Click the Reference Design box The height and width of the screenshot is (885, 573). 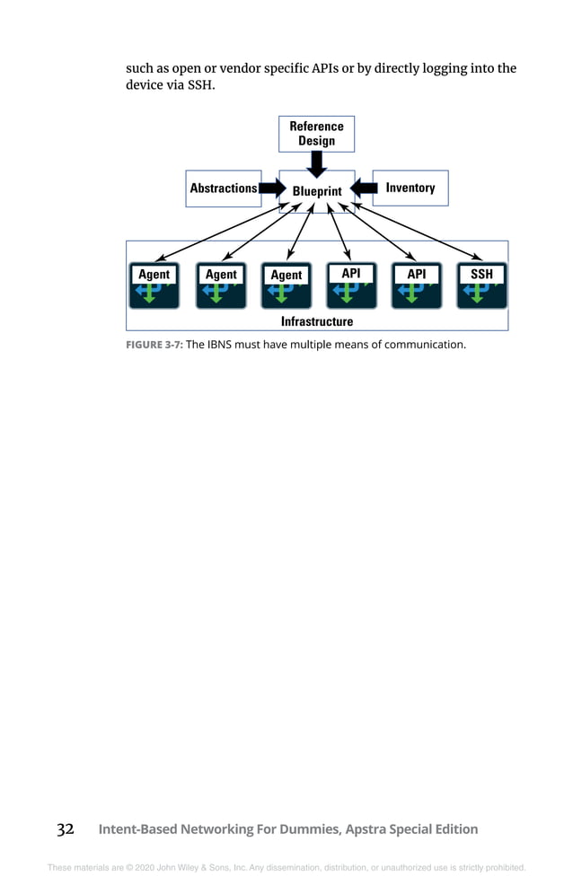(316, 134)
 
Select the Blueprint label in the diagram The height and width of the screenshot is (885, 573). (317, 191)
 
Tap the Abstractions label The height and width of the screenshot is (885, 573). (223, 188)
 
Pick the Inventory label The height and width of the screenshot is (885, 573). (410, 188)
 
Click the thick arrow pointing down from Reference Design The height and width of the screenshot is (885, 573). (316, 163)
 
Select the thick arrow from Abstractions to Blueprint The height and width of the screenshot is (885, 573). (270, 188)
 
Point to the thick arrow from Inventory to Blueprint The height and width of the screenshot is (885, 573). (363, 188)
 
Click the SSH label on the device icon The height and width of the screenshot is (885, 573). (481, 274)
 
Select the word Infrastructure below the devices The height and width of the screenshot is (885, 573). (317, 321)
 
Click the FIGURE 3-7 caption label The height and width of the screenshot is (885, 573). (154, 343)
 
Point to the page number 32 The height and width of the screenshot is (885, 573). (66, 829)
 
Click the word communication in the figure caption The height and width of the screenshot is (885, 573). (425, 343)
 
